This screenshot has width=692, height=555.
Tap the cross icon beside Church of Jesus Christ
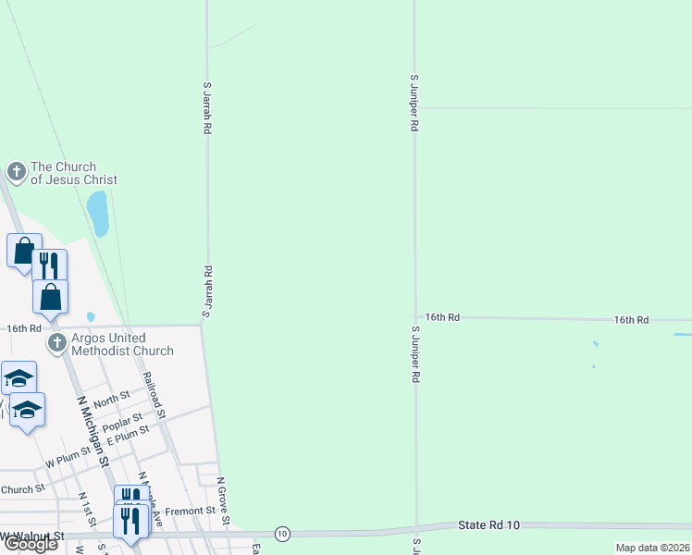(16, 171)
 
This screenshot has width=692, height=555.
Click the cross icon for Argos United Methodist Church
(57, 343)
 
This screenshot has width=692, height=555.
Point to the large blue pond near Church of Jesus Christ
(98, 214)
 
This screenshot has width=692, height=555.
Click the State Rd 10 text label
(489, 525)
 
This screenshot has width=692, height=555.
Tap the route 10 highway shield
(282, 533)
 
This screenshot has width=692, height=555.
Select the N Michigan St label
(93, 430)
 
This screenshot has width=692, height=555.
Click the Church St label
(23, 489)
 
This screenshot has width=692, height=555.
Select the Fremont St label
(196, 510)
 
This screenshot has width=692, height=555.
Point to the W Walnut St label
(33, 536)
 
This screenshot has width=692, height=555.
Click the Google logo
(31, 544)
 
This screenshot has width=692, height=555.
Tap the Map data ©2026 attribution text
(651, 548)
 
